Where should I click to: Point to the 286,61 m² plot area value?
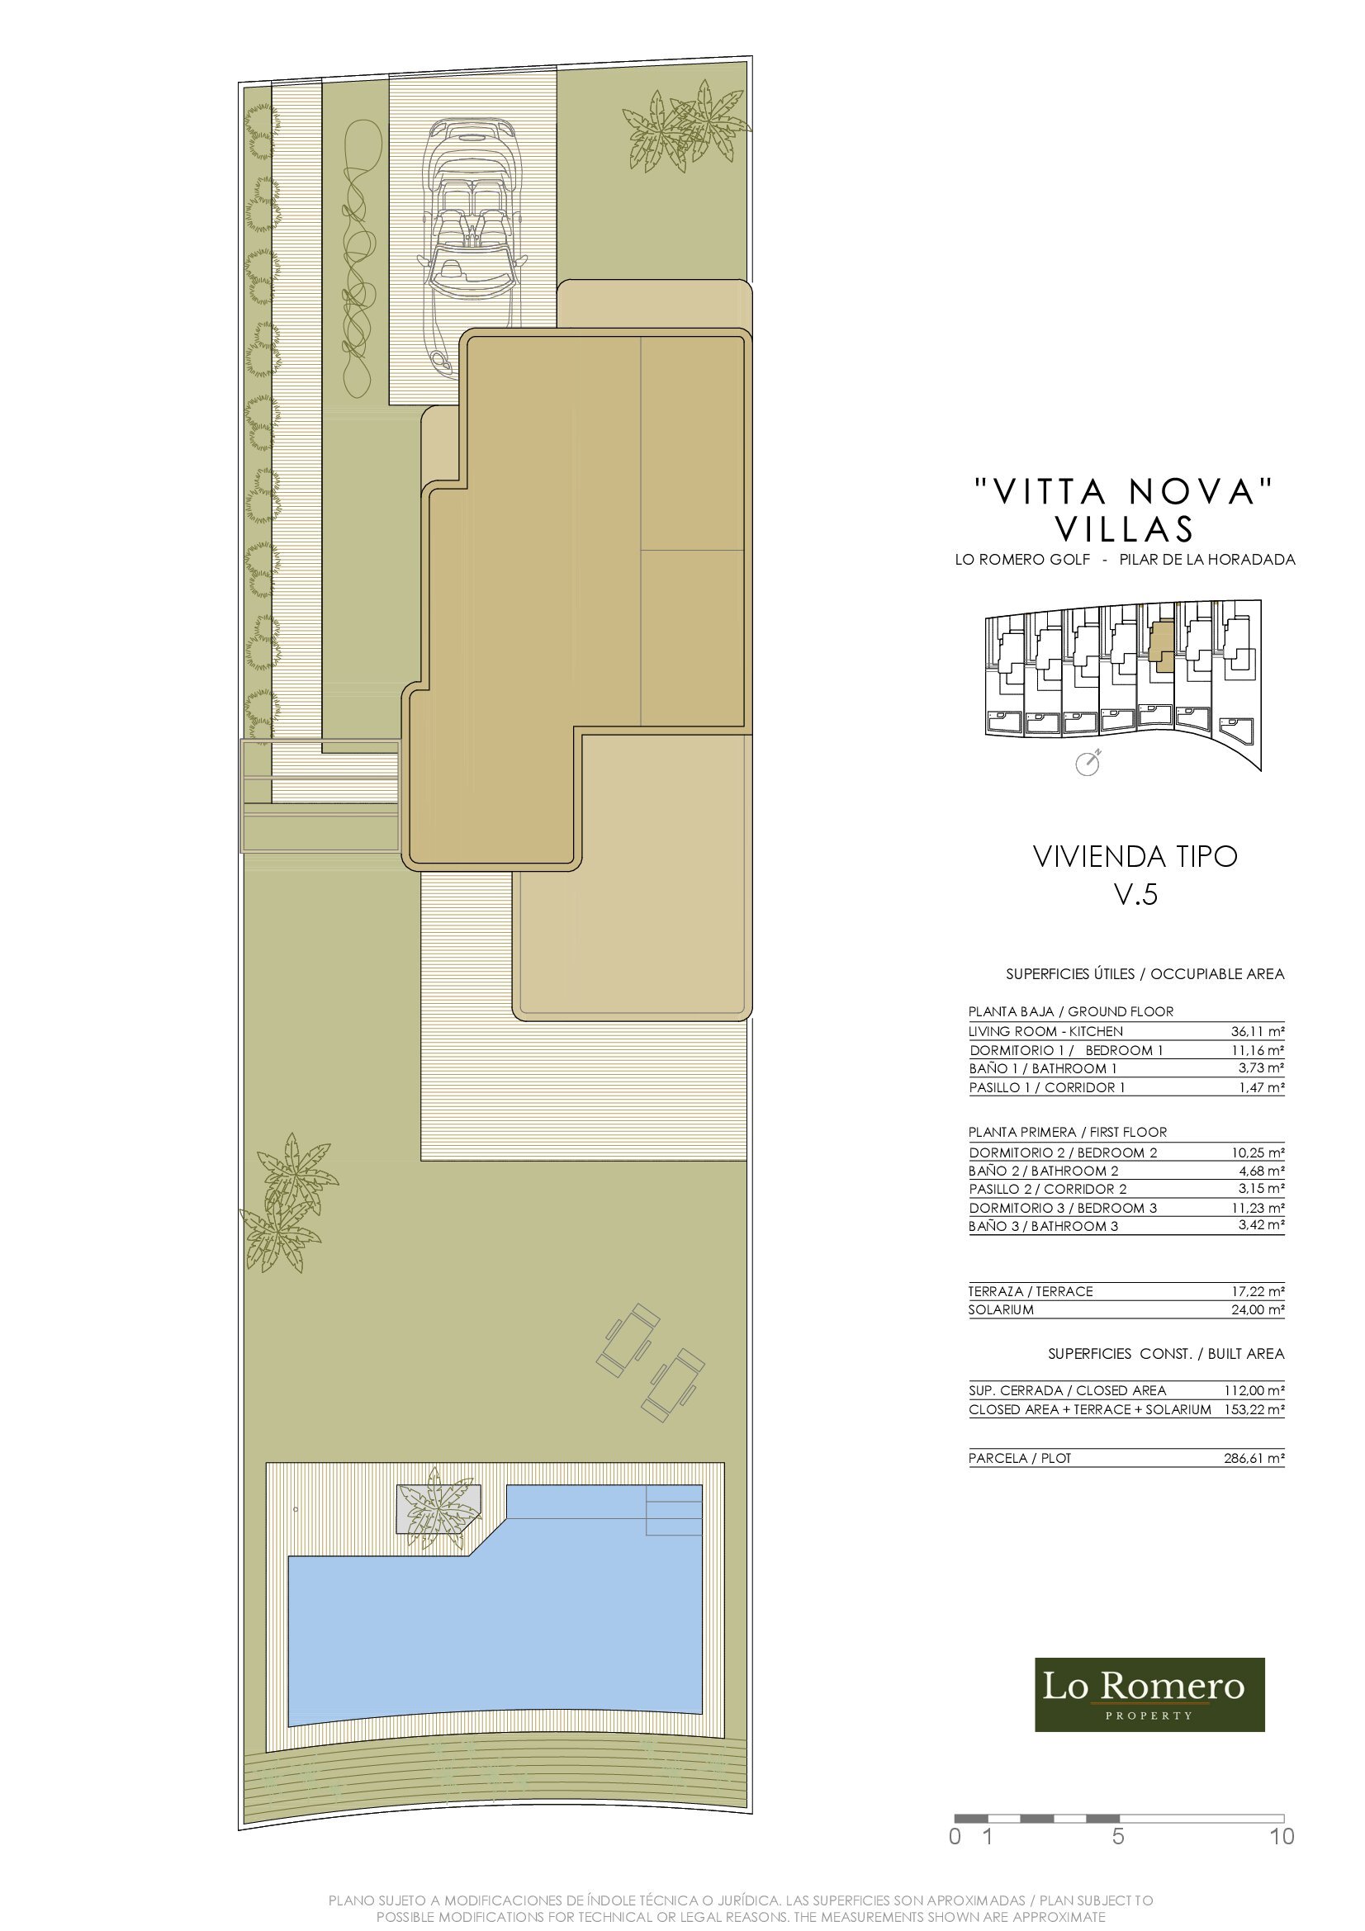[x=1254, y=1459]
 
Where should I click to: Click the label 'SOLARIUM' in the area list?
[x=1001, y=1310]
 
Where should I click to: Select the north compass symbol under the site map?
[x=1088, y=764]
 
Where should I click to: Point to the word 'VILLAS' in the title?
[x=1125, y=529]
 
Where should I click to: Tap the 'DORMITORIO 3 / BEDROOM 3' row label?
[x=1063, y=1209]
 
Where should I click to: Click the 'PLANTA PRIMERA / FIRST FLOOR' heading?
[x=1067, y=1132]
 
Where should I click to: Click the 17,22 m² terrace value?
[x=1257, y=1292]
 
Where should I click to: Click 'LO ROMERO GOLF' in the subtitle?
[x=1021, y=559]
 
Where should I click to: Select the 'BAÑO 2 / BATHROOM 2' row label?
[x=1044, y=1171]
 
